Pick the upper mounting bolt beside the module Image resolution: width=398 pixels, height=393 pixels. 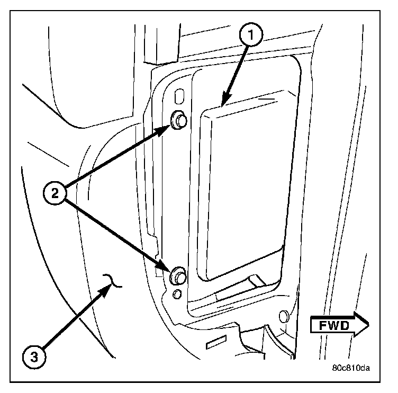click(x=179, y=121)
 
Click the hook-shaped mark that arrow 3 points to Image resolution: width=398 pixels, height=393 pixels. click(x=114, y=281)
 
